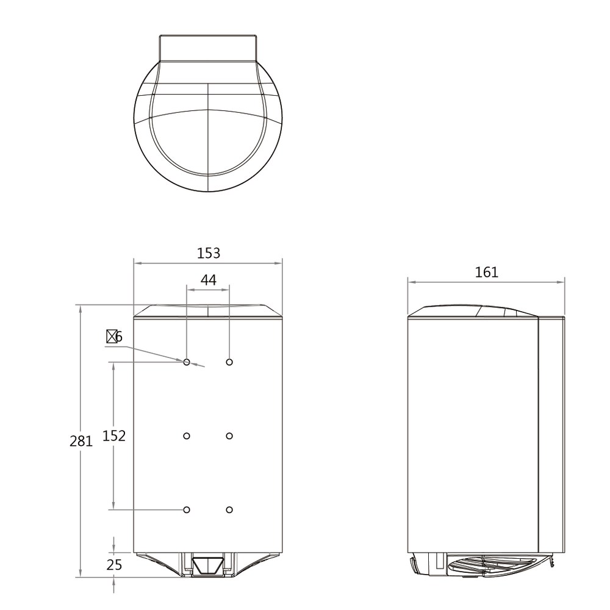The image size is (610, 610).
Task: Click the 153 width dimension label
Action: pyautogui.click(x=208, y=253)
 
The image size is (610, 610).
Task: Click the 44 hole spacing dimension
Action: pyautogui.click(x=208, y=280)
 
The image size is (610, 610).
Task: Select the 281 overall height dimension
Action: pyautogui.click(x=81, y=441)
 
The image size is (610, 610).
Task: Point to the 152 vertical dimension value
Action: pyautogui.click(x=114, y=436)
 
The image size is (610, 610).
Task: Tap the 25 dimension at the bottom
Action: pyautogui.click(x=114, y=565)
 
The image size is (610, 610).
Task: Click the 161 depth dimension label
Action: pyautogui.click(x=486, y=272)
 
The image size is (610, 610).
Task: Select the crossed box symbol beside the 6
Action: pyautogui.click(x=111, y=336)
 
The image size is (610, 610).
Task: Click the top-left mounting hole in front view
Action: pyautogui.click(x=187, y=362)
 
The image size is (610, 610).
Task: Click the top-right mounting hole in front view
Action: pyautogui.click(x=229, y=362)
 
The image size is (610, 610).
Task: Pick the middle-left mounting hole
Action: pyautogui.click(x=187, y=436)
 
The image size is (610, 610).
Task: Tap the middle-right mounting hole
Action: pyautogui.click(x=229, y=436)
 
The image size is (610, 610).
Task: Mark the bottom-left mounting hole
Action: pyautogui.click(x=187, y=509)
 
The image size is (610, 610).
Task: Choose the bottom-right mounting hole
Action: pyautogui.click(x=229, y=509)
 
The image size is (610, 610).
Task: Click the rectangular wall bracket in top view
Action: pyautogui.click(x=208, y=47)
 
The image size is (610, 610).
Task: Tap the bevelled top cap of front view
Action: pyautogui.click(x=208, y=311)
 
